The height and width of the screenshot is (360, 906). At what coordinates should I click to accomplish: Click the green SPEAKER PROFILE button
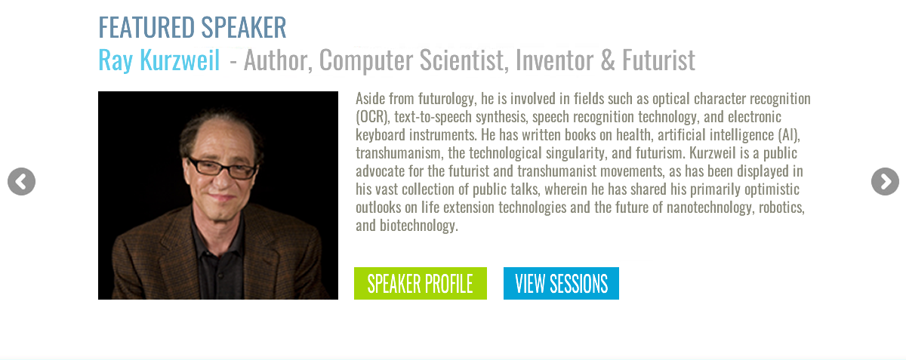click(421, 283)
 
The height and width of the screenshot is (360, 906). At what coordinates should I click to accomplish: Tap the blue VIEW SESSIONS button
click(561, 283)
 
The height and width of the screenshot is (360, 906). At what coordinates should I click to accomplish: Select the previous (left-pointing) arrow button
click(21, 182)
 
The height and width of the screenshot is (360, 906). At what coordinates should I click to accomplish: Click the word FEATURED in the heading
click(146, 27)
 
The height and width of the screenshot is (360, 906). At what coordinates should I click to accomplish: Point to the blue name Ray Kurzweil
click(159, 60)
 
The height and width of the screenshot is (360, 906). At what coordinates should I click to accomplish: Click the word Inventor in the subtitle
click(553, 60)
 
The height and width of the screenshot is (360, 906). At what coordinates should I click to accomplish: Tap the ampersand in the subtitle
click(608, 60)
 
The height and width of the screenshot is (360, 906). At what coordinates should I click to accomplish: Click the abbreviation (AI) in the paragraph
click(789, 134)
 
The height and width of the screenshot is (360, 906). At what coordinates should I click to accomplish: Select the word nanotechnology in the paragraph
click(710, 208)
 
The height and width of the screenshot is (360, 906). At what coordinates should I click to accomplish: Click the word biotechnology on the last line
click(418, 226)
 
